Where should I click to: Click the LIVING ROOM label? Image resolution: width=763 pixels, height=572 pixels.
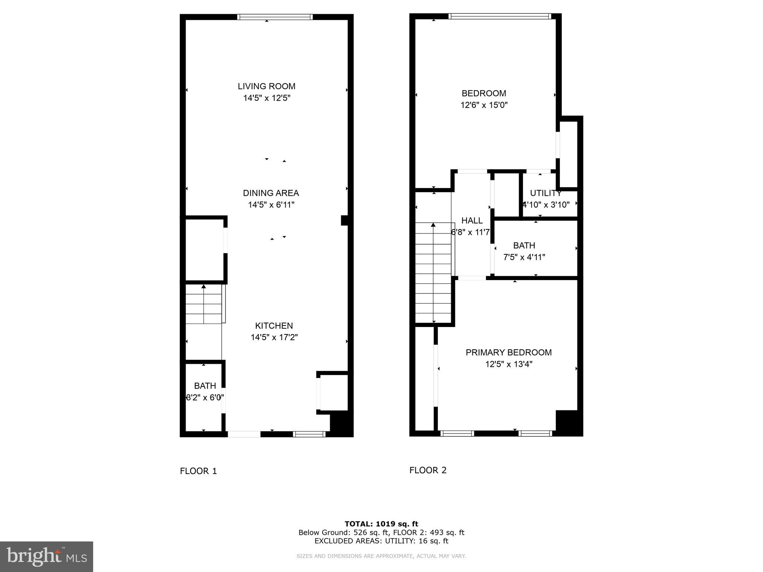(x=266, y=86)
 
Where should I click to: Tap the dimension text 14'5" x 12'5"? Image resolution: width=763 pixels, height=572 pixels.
(x=266, y=98)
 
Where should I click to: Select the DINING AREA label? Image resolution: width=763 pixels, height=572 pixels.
(x=271, y=193)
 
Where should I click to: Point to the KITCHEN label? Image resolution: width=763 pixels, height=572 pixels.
(x=274, y=326)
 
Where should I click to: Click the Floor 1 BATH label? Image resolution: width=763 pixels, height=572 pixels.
(x=205, y=386)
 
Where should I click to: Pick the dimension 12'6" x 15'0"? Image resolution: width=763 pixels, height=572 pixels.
(x=484, y=105)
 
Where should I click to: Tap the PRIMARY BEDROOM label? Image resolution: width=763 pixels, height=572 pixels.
(x=509, y=352)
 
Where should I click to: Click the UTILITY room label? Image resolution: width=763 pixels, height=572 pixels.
(x=546, y=193)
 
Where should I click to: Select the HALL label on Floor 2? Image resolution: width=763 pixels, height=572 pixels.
(x=472, y=220)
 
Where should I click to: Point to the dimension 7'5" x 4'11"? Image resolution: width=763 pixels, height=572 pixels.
(x=524, y=257)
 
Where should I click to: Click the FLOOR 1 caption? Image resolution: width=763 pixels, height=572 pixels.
(x=198, y=471)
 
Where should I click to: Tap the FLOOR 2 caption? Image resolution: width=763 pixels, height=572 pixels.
(x=428, y=470)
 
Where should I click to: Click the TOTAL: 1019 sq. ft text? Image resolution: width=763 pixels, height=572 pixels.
(x=381, y=524)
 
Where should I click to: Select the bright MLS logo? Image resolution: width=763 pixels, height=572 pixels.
(x=47, y=556)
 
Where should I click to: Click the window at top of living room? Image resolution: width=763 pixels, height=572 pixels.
(x=275, y=17)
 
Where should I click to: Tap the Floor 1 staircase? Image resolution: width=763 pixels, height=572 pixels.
(x=204, y=304)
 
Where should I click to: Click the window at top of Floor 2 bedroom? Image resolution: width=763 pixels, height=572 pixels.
(x=500, y=16)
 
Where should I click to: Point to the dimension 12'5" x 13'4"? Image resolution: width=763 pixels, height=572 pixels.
(x=509, y=364)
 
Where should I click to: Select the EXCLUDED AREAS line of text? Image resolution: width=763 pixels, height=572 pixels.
(x=381, y=541)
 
